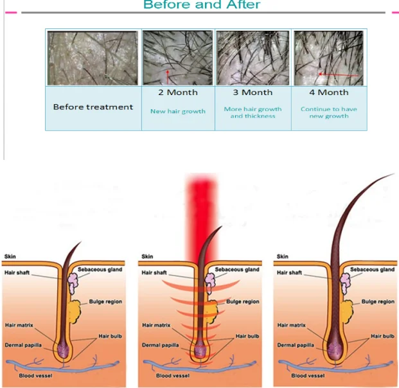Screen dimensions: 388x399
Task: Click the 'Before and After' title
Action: tap(202, 5)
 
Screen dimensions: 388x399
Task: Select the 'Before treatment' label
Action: tap(93, 107)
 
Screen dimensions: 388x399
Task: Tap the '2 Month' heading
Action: tap(177, 93)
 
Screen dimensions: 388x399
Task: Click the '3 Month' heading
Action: tap(253, 93)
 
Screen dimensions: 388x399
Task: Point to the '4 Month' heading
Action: tap(328, 93)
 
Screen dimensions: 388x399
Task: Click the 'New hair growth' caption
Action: tap(177, 111)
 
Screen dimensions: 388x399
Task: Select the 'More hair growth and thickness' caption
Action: tap(253, 112)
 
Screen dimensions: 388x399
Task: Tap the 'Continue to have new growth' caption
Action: tap(328, 112)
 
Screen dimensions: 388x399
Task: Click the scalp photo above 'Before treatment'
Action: tap(93, 58)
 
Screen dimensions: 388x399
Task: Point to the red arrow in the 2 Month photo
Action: tap(168, 76)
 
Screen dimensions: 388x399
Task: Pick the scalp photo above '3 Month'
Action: tap(253, 58)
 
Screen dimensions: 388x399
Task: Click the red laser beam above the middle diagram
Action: tap(204, 206)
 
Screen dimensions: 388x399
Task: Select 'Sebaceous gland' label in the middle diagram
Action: tap(237, 270)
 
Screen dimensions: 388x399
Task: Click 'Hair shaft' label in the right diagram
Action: tap(289, 273)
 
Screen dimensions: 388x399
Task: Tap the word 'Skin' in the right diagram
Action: tap(283, 257)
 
